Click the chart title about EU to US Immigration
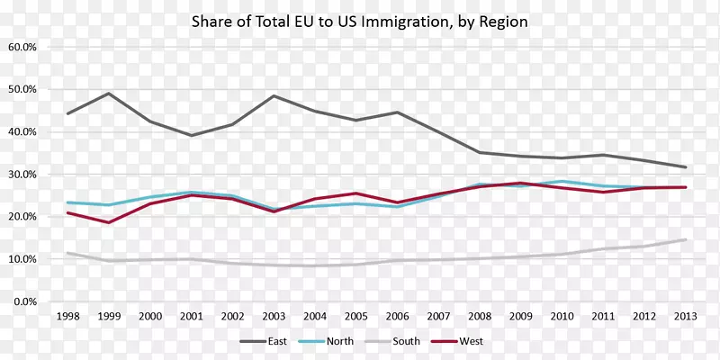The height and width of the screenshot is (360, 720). [x=358, y=20]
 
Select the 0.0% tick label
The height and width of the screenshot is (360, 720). [x=23, y=301]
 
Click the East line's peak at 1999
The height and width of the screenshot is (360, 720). [x=109, y=94]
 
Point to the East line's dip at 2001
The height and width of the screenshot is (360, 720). [x=191, y=135]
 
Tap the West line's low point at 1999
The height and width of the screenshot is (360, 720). [x=109, y=222]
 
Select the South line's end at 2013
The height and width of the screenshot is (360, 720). [x=686, y=239]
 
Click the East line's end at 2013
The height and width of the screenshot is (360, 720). [x=686, y=167]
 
